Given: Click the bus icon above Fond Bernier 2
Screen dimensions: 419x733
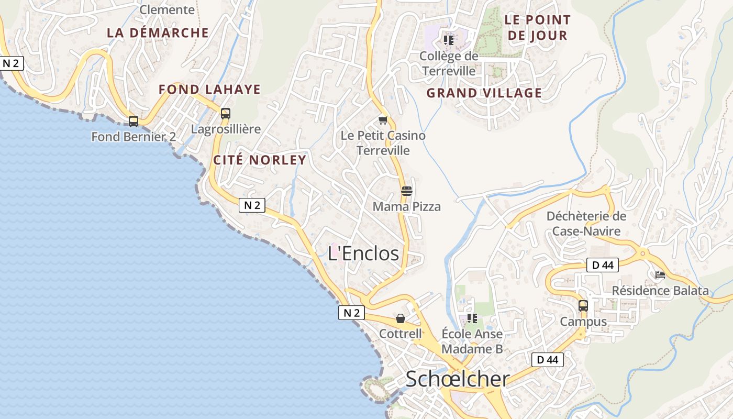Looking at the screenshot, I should click(x=134, y=122).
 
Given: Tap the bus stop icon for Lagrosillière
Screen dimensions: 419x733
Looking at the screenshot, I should click(x=225, y=113).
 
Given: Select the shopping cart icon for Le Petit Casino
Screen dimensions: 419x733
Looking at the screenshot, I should click(x=383, y=120).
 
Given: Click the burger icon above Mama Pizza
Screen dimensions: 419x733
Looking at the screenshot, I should click(x=407, y=191).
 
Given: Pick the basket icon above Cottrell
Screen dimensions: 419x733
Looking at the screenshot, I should click(x=401, y=318).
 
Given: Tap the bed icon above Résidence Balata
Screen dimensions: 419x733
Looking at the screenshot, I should click(x=660, y=274).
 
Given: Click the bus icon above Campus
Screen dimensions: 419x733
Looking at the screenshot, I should click(x=583, y=305).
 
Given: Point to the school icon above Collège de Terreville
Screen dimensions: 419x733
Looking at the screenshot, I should click(x=449, y=39).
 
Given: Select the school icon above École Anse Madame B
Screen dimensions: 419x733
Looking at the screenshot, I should click(x=472, y=318).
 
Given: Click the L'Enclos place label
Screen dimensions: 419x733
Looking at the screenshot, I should click(x=363, y=253).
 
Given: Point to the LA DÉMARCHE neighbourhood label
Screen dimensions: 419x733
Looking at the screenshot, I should click(x=158, y=32).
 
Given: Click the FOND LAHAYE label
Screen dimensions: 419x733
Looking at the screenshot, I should click(x=209, y=90).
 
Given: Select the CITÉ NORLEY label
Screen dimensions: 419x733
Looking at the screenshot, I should click(x=260, y=160).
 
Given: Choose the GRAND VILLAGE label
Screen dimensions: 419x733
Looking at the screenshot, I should click(x=484, y=93).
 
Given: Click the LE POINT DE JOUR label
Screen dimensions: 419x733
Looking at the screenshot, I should click(x=538, y=28).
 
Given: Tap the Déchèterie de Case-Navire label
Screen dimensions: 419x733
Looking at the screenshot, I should click(x=586, y=224).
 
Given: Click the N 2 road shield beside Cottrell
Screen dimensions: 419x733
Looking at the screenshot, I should click(x=351, y=313).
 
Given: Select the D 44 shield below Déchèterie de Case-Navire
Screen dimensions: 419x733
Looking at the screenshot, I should click(x=603, y=265).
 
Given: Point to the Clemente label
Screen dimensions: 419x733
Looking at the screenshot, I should click(x=167, y=9).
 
